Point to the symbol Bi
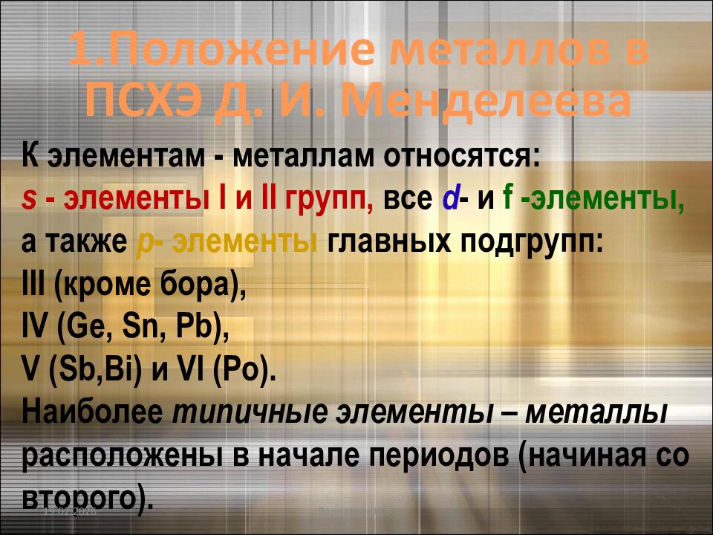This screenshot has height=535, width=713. coord(121,370)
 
